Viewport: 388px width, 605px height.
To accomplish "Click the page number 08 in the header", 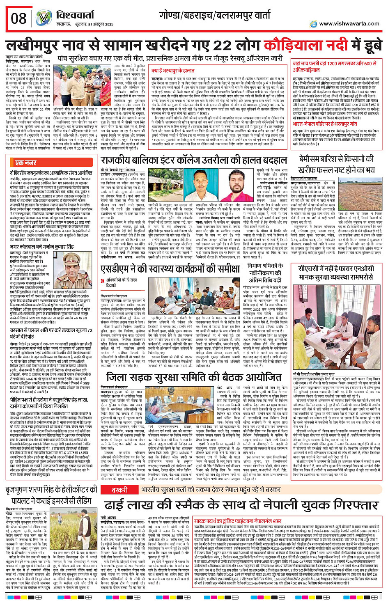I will coord(19,18).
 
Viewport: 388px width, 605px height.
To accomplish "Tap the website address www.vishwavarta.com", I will coord(349,24).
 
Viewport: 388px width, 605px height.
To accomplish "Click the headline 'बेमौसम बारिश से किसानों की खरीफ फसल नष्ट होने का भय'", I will coord(336,164).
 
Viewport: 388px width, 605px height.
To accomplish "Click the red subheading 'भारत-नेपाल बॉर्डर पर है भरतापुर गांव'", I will coord(324,124).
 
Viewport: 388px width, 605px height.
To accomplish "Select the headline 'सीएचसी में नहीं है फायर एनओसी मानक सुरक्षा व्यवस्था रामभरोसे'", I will coord(337,272).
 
